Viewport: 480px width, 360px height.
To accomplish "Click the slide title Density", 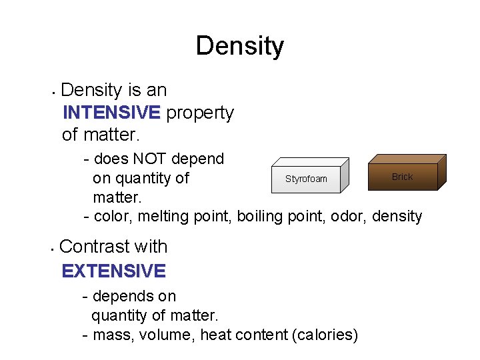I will point(240,46).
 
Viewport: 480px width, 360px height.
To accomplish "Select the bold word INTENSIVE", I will point(111,113).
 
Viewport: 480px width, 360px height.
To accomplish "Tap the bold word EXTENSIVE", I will point(113,271).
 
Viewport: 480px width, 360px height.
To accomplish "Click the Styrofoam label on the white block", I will point(306,179).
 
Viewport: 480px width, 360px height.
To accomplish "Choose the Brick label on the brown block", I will point(402,177).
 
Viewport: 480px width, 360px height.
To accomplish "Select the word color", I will point(113,216).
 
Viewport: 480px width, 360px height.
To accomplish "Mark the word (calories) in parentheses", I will point(325,335).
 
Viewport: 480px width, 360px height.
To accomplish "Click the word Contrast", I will point(93,247).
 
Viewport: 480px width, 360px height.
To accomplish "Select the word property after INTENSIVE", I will point(200,113).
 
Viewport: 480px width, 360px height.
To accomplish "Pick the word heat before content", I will point(217,335).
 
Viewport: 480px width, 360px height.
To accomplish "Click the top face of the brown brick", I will point(407,159).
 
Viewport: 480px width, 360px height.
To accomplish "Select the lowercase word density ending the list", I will point(397,216).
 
